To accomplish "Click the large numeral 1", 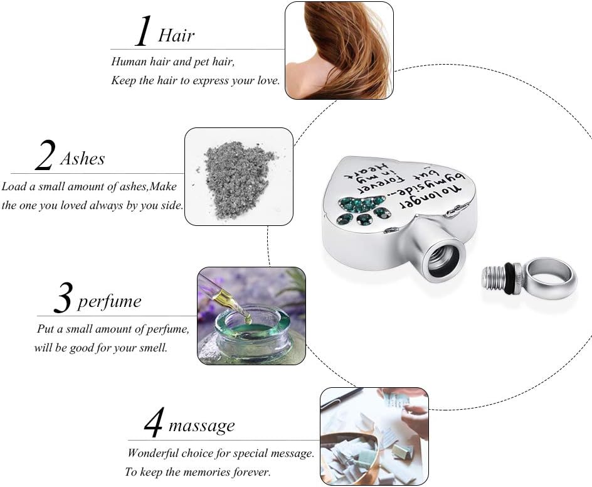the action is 144,31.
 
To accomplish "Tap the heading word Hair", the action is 176,36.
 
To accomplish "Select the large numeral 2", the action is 45,155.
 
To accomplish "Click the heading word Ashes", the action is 83,159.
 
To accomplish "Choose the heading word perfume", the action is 110,302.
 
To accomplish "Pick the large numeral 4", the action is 154,422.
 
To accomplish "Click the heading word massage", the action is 201,426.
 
